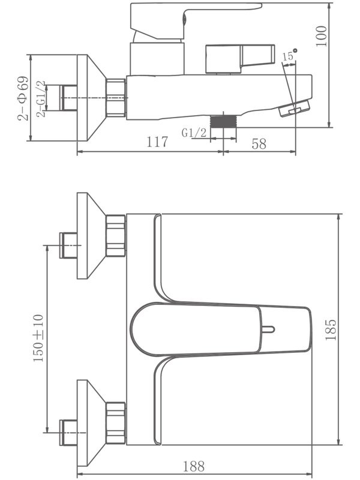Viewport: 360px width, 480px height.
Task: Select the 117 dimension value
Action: click(157, 142)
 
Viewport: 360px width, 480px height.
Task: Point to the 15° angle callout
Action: click(289, 56)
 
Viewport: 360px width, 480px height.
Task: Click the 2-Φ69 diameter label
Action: click(23, 98)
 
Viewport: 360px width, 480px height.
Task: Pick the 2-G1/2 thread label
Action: click(40, 98)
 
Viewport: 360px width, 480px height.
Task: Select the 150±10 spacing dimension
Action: click(38, 338)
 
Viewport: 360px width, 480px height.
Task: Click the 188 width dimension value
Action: click(194, 466)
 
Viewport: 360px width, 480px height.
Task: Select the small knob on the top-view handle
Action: click(269, 329)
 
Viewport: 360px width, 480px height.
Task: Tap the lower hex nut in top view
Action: click(115, 422)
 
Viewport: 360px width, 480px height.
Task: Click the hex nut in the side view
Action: click(116, 97)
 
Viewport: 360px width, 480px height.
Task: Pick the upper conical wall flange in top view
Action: click(90, 236)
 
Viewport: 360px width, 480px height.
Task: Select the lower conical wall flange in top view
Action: click(90, 422)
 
